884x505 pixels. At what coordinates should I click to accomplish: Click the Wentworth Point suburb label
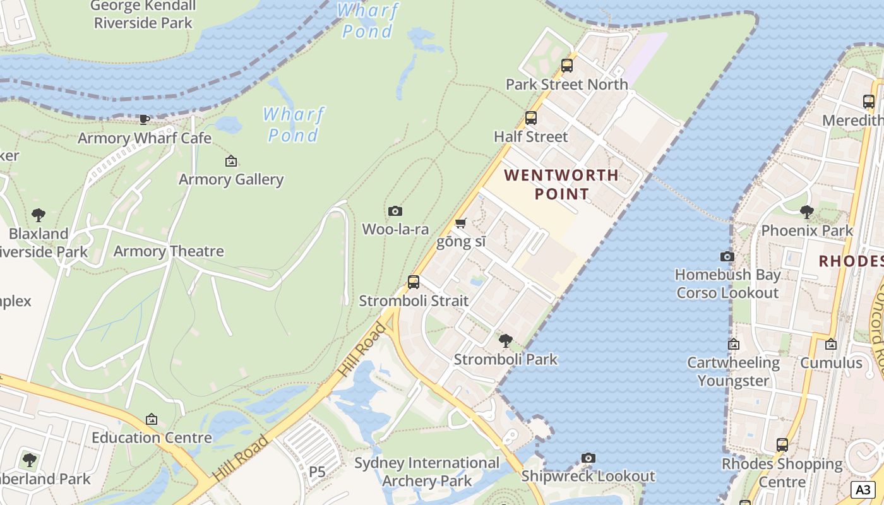(x=561, y=184)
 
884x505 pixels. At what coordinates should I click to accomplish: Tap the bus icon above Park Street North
(x=566, y=65)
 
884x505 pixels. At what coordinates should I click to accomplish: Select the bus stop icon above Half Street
(x=530, y=118)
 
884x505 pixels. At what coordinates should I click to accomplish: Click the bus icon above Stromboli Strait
(x=414, y=282)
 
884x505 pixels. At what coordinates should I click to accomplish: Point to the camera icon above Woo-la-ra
(x=395, y=211)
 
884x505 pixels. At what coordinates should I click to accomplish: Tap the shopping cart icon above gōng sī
(x=461, y=223)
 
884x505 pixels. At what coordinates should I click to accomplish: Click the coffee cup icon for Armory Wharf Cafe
(x=145, y=119)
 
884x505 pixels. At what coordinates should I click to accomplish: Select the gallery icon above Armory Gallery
(x=231, y=161)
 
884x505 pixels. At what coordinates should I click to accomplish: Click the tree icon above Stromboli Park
(x=505, y=341)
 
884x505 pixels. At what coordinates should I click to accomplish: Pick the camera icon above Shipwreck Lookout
(x=588, y=458)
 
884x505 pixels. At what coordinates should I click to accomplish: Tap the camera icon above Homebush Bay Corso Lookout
(x=727, y=256)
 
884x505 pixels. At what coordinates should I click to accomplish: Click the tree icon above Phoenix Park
(x=806, y=212)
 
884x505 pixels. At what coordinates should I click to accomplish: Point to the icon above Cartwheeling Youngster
(x=733, y=344)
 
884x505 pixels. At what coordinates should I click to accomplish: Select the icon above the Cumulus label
(x=831, y=344)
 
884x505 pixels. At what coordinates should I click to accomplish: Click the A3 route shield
(x=864, y=489)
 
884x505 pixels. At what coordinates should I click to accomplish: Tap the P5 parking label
(x=317, y=472)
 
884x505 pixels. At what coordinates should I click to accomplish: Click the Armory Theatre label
(x=169, y=251)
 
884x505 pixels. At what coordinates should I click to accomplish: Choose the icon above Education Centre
(x=152, y=419)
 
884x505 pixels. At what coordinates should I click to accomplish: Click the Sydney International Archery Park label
(x=427, y=472)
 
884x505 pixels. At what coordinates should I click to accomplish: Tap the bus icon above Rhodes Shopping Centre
(x=782, y=445)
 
